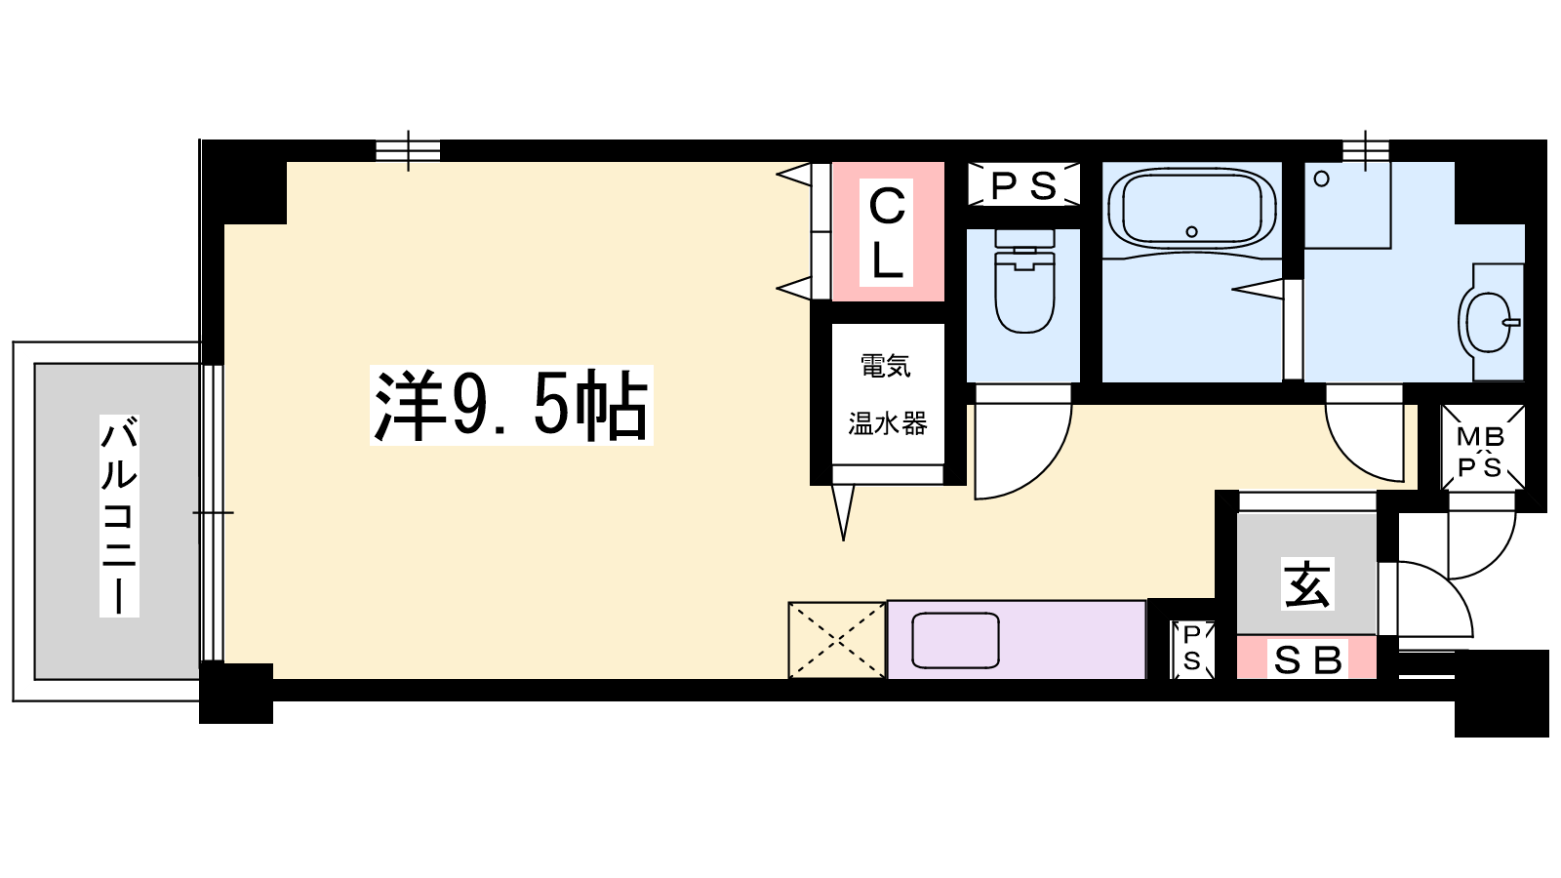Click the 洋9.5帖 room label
tap(511, 405)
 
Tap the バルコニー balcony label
tap(119, 516)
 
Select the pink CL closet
tap(888, 231)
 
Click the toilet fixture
tap(1024, 281)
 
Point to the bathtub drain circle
tap(1191, 231)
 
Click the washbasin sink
tap(1489, 323)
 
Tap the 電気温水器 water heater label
tap(887, 394)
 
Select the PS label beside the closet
tap(1023, 185)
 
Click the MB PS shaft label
tap(1481, 453)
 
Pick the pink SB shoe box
tap(1306, 658)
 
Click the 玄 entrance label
tap(1307, 584)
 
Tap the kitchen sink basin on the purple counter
tap(955, 640)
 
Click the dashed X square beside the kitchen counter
tap(837, 640)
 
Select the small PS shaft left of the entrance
tap(1191, 648)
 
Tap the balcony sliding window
tap(213, 513)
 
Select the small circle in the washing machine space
tap(1321, 180)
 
